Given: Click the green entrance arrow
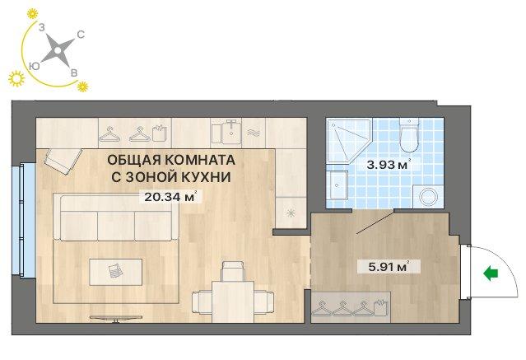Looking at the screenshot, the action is coord(491,274).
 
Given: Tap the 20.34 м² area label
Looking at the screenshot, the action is coord(170,196).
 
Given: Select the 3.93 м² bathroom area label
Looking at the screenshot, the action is coord(388,165).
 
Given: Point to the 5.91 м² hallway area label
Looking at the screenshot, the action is coord(389,267).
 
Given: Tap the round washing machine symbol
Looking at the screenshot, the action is coord(428,196).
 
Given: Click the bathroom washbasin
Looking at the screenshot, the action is coord(338,185).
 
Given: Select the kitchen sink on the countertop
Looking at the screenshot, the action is coord(226,133).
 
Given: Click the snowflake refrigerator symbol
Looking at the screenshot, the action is coord(290,213).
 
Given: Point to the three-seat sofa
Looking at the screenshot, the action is coord(116,217).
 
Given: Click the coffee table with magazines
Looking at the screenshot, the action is coord(116,272).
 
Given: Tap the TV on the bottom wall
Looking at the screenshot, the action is coord(116,318).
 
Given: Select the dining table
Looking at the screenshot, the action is coord(233,302).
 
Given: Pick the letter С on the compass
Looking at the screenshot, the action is coord(81,35).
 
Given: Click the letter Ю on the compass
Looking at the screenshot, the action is coord(35,66).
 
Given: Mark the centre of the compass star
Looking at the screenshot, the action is coord(58,51).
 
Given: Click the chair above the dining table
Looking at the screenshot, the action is coord(233,271).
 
